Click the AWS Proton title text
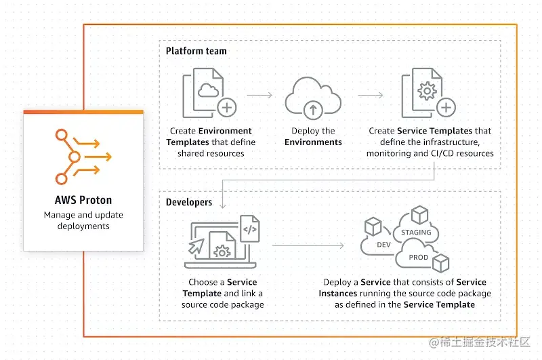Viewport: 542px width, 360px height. point(83,200)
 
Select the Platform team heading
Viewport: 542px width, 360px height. point(196,51)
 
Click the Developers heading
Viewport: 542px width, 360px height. point(189,202)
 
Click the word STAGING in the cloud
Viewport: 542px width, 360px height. point(416,233)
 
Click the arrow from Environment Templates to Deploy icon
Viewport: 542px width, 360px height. point(259,96)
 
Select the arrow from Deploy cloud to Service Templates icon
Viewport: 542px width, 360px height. point(370,96)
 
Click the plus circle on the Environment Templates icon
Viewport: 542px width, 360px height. point(227,106)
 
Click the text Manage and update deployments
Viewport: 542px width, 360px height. point(83,220)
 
